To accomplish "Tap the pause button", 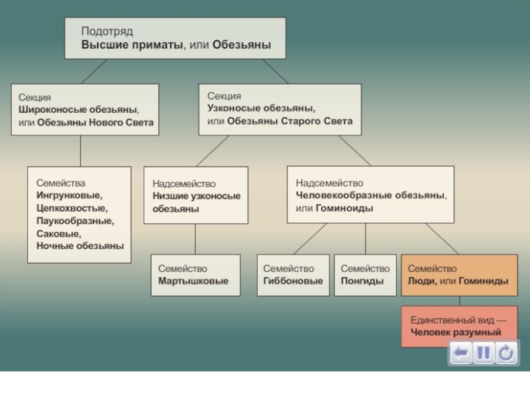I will tap(484, 354).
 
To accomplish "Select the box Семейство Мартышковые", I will tap(193, 275).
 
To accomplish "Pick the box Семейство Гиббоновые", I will tap(293, 275).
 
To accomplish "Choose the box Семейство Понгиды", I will tap(364, 275).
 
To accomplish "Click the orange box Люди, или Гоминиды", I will tap(458, 275).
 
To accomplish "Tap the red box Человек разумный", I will tap(458, 325).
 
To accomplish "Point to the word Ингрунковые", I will tap(70, 196).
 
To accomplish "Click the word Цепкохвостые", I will tap(71, 208).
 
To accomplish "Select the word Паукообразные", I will tap(75, 221).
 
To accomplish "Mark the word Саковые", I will tap(59, 233).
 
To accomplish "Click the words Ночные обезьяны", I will tap(80, 246).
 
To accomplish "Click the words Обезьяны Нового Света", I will tap(95, 122).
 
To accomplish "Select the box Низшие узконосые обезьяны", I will tap(195, 196).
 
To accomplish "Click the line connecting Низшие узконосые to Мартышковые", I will tap(195, 239).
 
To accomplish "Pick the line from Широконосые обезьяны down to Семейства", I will tap(81, 151).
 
